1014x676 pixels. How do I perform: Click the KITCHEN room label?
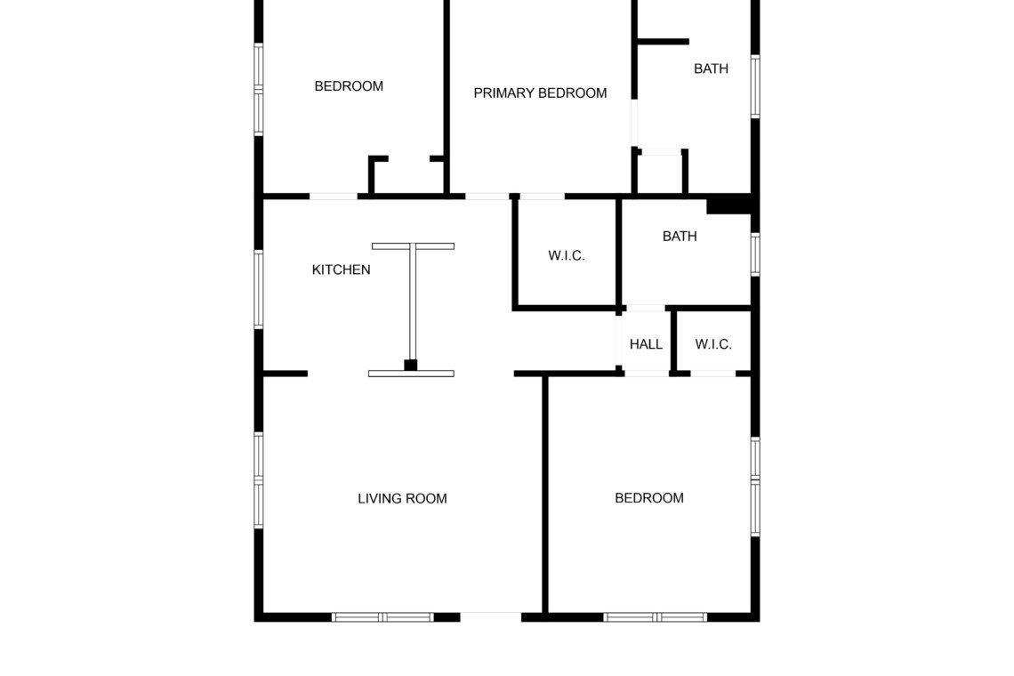tap(341, 270)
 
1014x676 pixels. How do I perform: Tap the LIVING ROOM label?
tap(402, 498)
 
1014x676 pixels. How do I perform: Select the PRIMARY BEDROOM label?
tap(540, 93)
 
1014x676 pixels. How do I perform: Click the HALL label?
tap(646, 344)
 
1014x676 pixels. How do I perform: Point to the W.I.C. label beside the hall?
tap(713, 344)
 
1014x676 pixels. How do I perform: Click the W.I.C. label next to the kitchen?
tap(567, 255)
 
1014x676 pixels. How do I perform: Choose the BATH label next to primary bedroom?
tap(711, 68)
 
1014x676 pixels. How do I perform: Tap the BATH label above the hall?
tap(680, 236)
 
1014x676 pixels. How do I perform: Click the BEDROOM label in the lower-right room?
tap(649, 498)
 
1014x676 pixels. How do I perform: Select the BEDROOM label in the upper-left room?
tap(349, 86)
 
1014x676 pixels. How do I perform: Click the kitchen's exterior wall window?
tap(259, 289)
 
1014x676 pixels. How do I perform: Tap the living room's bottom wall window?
tap(382, 617)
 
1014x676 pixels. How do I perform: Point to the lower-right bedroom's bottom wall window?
tap(655, 617)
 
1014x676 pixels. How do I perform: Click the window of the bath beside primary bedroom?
tap(754, 86)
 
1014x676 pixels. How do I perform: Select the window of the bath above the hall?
tap(754, 254)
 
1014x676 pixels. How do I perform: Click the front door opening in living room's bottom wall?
tap(491, 617)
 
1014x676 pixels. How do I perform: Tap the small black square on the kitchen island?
tap(411, 365)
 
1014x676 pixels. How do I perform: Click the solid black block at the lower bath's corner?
tap(728, 205)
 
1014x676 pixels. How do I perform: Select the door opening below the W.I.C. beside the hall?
tap(712, 374)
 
